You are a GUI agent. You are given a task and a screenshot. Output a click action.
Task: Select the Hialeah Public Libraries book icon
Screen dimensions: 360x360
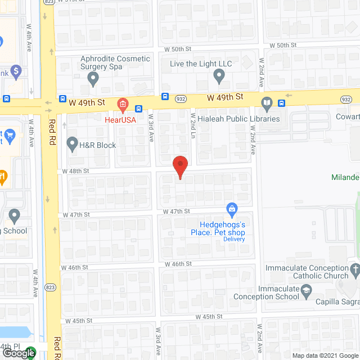click(x=267, y=103)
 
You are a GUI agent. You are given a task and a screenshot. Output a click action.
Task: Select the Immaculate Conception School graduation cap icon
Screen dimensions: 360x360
click(x=306, y=290)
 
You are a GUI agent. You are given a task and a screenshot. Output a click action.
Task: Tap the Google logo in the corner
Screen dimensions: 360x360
click(x=18, y=353)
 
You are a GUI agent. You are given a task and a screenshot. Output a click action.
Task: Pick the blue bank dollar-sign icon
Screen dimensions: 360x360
click(x=15, y=71)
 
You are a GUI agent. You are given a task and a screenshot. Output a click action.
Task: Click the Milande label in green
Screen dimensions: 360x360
click(x=345, y=177)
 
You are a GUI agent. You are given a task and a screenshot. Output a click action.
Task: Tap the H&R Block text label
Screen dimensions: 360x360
click(x=98, y=145)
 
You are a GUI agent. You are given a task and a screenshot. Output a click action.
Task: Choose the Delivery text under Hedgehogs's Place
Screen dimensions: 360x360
click(x=234, y=239)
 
